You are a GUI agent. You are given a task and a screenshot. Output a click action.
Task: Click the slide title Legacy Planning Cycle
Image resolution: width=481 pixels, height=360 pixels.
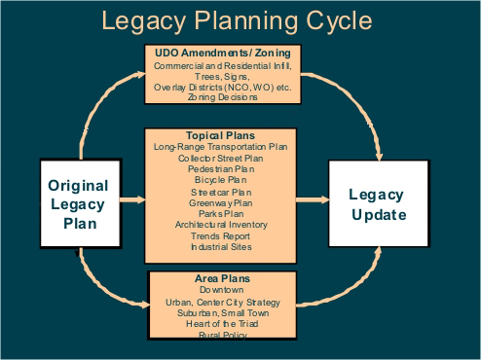[240, 19]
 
